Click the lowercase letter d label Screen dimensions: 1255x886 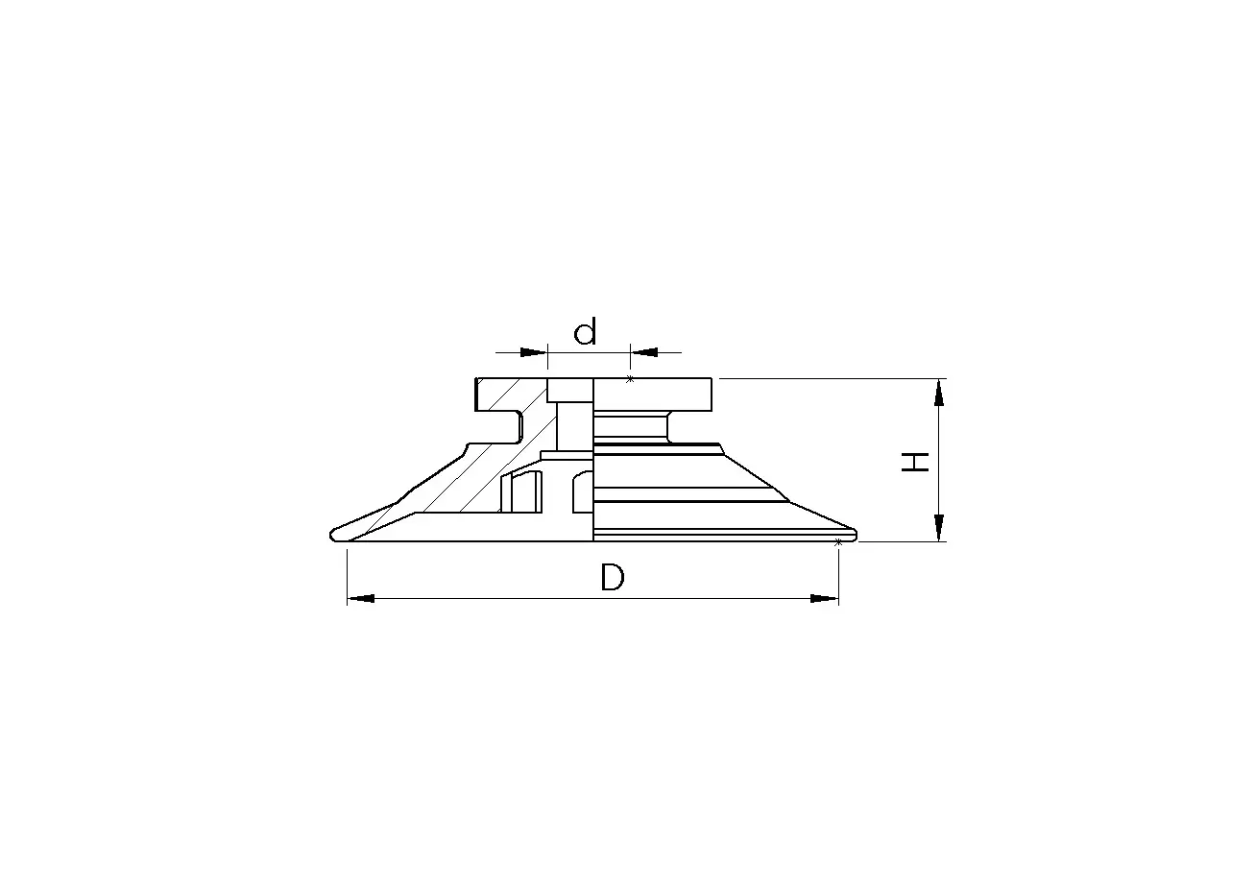click(x=585, y=331)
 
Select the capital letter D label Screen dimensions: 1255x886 click(x=613, y=578)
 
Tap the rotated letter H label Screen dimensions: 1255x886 click(x=915, y=462)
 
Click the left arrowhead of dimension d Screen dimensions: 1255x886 click(x=534, y=352)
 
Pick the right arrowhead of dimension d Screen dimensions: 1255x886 click(x=643, y=352)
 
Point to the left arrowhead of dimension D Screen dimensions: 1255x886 click(x=361, y=599)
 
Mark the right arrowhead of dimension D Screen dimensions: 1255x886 click(x=825, y=599)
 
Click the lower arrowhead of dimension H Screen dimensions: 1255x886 click(x=939, y=528)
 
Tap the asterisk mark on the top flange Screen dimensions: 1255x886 click(x=630, y=379)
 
